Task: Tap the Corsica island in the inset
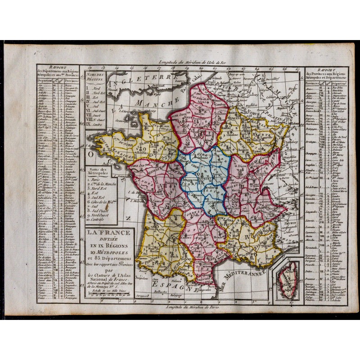(287, 279)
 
